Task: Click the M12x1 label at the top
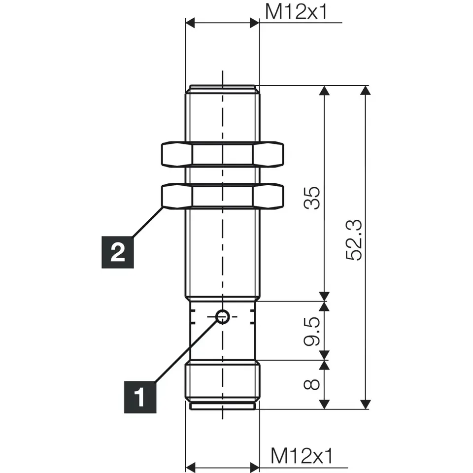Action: [296, 12]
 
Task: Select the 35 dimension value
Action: [312, 198]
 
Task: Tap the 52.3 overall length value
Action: [354, 240]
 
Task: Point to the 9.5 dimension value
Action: [312, 331]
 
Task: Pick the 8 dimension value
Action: [312, 384]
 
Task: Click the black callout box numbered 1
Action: [140, 397]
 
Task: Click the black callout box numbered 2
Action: [118, 252]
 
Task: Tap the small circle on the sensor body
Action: [223, 317]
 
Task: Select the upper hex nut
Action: [223, 154]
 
